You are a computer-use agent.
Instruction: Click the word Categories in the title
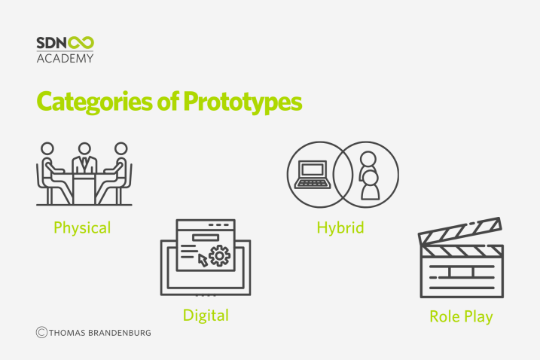pyautogui.click(x=94, y=102)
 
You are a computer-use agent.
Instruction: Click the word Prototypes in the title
pyautogui.click(x=243, y=102)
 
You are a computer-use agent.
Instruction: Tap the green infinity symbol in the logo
pyautogui.click(x=81, y=43)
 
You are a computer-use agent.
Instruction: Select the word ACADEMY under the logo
pyautogui.click(x=65, y=58)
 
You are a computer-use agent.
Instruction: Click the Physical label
pyautogui.click(x=82, y=228)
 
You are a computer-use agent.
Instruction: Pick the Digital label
pyautogui.click(x=206, y=316)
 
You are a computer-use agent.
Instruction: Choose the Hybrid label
pyautogui.click(x=340, y=228)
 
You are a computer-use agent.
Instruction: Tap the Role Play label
pyautogui.click(x=461, y=317)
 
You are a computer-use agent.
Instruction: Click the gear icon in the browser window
pyautogui.click(x=219, y=255)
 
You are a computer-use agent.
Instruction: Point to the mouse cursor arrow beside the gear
pyautogui.click(x=203, y=261)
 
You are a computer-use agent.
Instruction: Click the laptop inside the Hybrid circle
pyautogui.click(x=313, y=175)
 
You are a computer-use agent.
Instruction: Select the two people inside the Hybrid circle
pyautogui.click(x=369, y=175)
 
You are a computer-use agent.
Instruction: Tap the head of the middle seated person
pyautogui.click(x=84, y=149)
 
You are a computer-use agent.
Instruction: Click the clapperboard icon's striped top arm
pyautogui.click(x=459, y=230)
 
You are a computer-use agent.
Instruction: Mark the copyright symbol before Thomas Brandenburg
pyautogui.click(x=41, y=332)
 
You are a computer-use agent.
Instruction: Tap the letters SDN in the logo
pyautogui.click(x=52, y=43)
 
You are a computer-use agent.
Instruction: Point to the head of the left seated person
pyautogui.click(x=47, y=149)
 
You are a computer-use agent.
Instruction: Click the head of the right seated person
pyautogui.click(x=121, y=149)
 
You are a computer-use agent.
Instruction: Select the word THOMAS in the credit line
pyautogui.click(x=67, y=333)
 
